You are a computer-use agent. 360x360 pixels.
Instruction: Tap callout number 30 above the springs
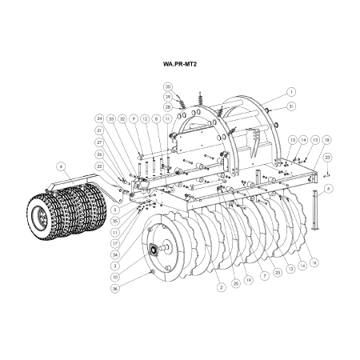click(168, 86)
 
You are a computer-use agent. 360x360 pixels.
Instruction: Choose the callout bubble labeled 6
click(329, 188)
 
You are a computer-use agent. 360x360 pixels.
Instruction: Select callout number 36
click(115, 289)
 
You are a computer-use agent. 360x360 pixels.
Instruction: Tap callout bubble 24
click(100, 118)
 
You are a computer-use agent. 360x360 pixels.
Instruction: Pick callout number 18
click(327, 139)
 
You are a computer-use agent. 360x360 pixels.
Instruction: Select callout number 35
click(115, 220)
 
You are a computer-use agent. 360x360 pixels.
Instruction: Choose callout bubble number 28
click(168, 106)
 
